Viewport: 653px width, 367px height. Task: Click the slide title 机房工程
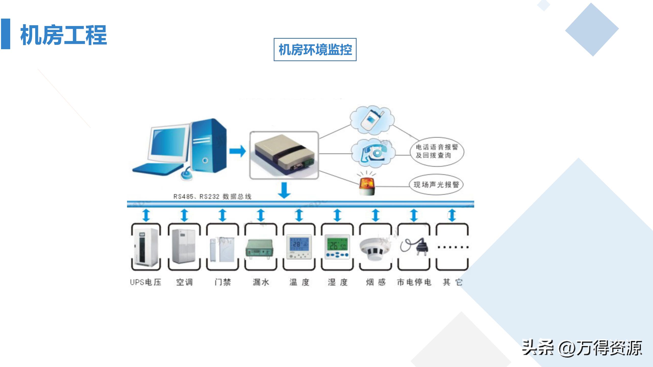click(64, 35)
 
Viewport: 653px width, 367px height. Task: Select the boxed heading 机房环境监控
click(315, 50)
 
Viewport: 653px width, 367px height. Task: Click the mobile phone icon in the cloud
click(372, 120)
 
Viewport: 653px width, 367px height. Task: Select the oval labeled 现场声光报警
click(436, 185)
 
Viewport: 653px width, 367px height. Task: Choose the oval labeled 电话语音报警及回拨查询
click(437, 151)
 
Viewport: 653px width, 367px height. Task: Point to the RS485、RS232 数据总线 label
click(212, 196)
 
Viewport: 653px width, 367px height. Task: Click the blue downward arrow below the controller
click(284, 190)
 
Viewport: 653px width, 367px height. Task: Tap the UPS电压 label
click(146, 282)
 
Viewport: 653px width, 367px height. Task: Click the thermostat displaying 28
click(299, 246)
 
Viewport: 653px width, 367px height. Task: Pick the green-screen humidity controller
click(337, 246)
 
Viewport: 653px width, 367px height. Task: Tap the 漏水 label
click(261, 282)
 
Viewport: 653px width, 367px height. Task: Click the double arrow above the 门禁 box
click(222, 215)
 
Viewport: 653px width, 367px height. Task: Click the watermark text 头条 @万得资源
click(582, 348)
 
